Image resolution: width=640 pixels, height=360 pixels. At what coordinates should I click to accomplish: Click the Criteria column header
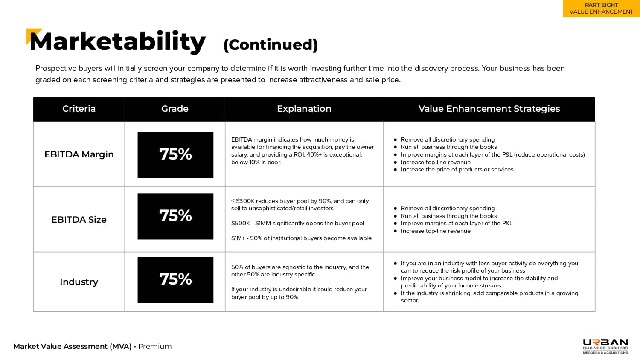79,109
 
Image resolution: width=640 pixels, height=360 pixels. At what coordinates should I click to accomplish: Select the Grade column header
175,109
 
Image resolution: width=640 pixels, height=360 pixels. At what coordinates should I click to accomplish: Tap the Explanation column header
304,109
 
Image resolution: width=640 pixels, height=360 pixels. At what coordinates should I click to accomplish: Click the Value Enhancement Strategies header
489,109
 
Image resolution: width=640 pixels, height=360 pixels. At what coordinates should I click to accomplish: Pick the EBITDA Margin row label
79,154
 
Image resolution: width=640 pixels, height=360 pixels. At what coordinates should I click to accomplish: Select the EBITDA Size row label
79,219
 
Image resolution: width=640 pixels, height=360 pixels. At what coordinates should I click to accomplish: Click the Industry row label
79,282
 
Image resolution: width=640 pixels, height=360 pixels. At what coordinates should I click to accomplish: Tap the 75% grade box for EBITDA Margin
175,155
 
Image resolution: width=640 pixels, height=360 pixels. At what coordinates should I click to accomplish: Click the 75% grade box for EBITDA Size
175,216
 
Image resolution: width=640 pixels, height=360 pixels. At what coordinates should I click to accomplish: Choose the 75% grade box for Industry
175,280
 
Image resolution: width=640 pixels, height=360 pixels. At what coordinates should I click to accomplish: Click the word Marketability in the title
117,42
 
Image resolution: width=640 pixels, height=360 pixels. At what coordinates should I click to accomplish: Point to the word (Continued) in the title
270,45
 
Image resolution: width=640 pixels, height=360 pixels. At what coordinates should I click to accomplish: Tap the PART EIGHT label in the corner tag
602,5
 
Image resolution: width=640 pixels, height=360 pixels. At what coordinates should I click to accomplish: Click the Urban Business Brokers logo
605,346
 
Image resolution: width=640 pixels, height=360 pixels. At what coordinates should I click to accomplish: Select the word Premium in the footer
155,346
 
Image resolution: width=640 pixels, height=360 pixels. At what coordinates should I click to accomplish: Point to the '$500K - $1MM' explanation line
297,223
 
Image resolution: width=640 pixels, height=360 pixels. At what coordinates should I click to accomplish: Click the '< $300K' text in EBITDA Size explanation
242,201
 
